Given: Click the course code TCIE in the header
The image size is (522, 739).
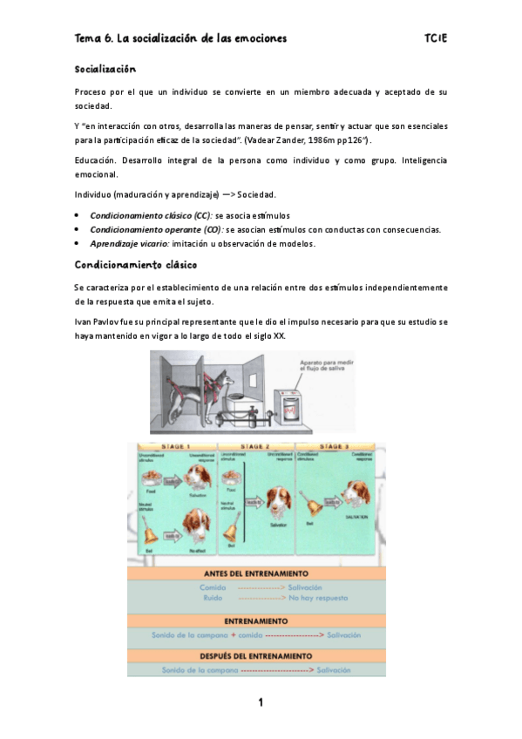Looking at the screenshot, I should click(437, 39).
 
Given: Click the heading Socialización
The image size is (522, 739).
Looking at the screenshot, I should click(105, 69).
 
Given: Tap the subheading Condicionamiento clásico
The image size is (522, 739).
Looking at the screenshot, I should click(135, 264).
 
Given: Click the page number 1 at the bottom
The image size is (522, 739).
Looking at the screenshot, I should click(260, 702).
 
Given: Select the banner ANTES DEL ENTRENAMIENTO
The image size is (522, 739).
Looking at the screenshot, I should click(256, 573).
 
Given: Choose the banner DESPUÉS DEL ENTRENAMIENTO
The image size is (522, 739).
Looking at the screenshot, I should click(256, 654).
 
